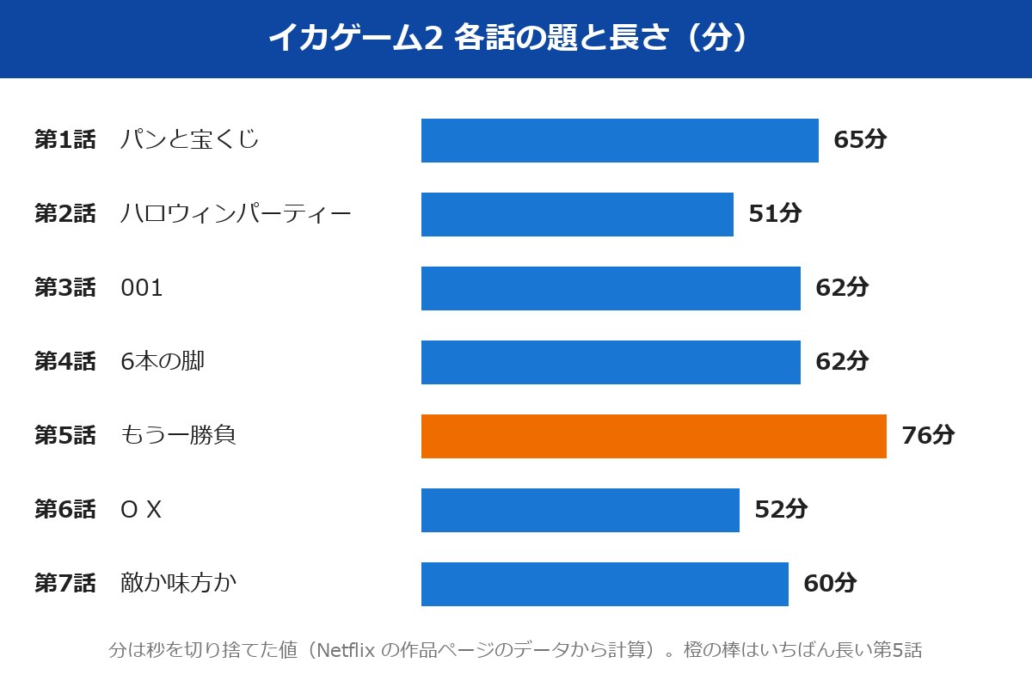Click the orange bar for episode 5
(654, 436)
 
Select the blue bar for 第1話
(620, 140)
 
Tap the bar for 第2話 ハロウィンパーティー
(577, 214)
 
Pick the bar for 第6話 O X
(580, 510)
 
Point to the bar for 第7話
(605, 584)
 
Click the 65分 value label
(860, 139)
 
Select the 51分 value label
(775, 213)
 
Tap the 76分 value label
(928, 435)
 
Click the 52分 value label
(781, 509)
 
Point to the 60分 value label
(830, 583)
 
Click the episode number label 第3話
(65, 287)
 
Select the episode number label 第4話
(65, 361)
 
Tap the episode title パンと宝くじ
(189, 139)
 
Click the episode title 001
(141, 288)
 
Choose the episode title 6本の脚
(163, 361)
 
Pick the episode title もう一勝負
(178, 435)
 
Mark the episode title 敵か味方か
(178, 583)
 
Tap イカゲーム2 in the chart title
(356, 38)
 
